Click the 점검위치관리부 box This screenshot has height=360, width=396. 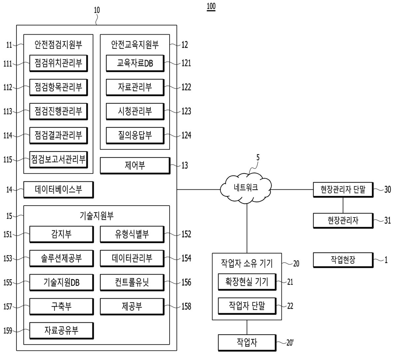coord(58,63)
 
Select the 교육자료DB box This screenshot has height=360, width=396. coord(135,63)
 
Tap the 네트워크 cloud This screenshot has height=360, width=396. coord(246,188)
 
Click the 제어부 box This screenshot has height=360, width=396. coord(135,166)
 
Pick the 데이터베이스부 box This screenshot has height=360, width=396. coord(58,190)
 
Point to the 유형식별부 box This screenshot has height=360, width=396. coord(132,234)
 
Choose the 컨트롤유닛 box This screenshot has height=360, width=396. coord(132,282)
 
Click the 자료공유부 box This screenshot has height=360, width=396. coord(61,331)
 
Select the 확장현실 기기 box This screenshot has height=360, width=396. coord(247,282)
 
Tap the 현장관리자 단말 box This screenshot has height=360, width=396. coord(343,190)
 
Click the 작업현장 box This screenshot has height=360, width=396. coord(343,260)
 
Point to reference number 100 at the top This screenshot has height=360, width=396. coord(211,6)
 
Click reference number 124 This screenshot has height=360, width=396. coord(186,136)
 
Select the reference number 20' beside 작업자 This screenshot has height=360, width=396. coord(290,343)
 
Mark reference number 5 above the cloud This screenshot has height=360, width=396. coord(258,158)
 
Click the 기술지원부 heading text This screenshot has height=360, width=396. coord(97,216)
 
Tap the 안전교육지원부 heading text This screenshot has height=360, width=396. coord(135,45)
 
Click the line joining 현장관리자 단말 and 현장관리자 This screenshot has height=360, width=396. coord(343,205)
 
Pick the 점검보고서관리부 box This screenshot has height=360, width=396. coord(58,160)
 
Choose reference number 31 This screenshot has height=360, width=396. coord(387,220)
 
